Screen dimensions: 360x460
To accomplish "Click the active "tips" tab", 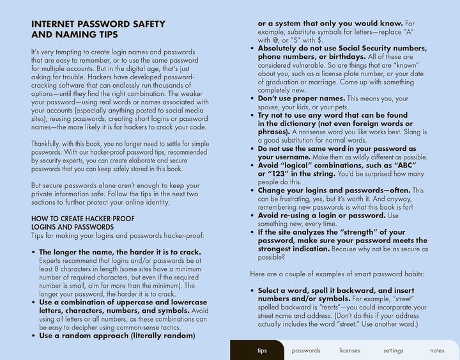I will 262,350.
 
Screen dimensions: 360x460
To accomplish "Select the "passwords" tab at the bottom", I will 305,350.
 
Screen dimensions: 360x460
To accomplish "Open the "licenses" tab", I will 349,350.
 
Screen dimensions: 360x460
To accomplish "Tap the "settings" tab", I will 393,350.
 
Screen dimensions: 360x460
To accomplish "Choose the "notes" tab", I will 437,350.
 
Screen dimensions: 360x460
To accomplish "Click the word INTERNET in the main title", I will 56,24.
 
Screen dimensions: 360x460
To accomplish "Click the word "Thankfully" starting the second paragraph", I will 49,144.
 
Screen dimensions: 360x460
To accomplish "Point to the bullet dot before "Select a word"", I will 252,290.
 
